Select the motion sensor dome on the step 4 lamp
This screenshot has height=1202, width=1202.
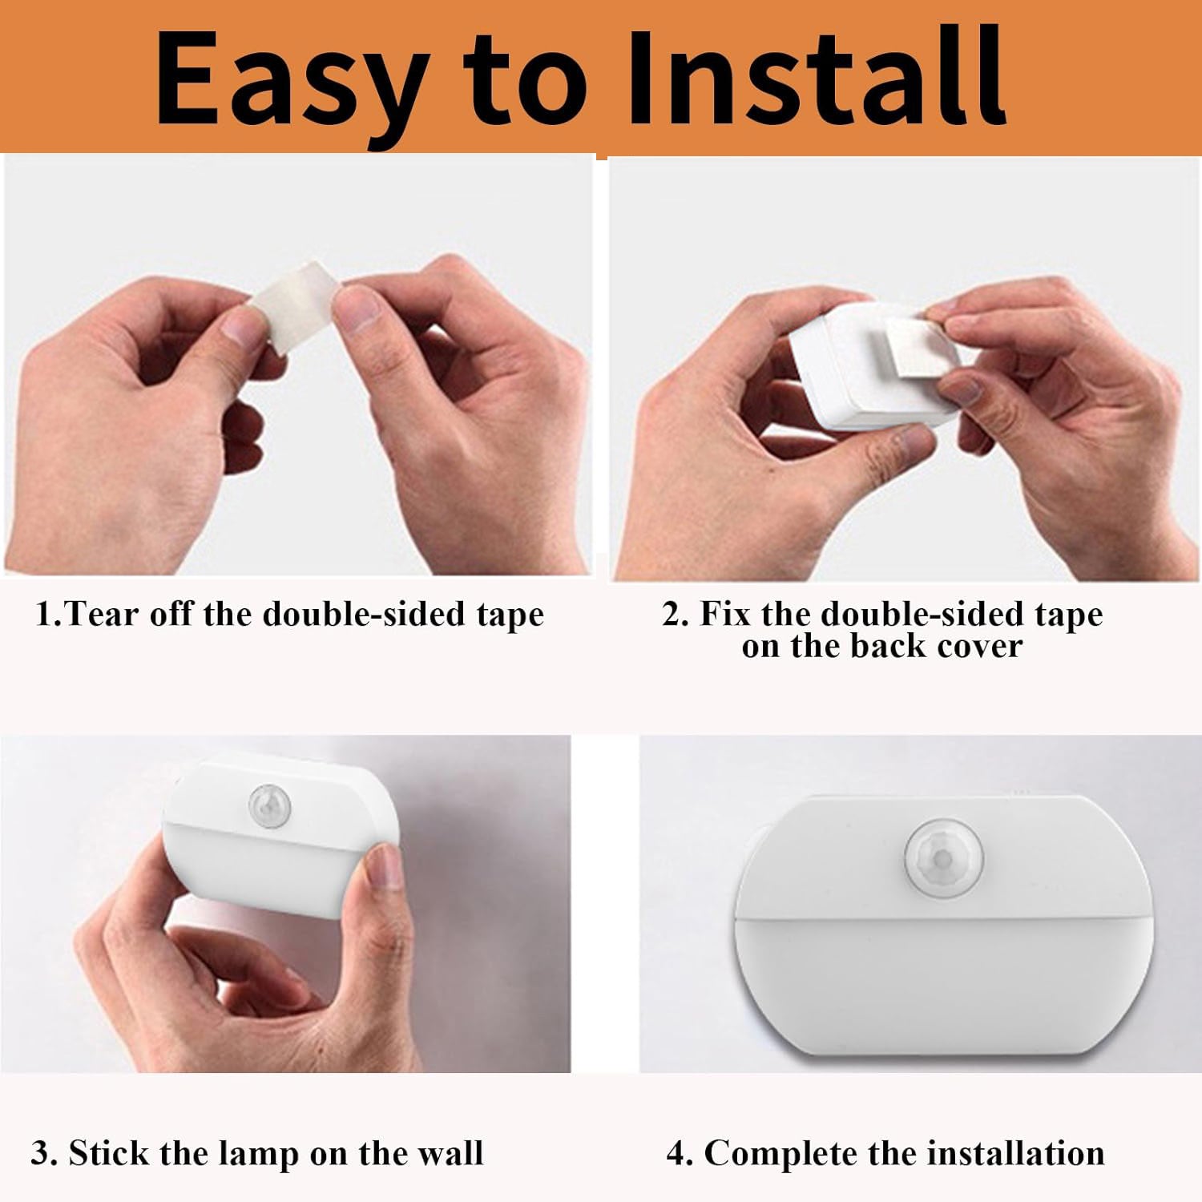coord(941,857)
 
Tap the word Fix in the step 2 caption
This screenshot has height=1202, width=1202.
coord(725,614)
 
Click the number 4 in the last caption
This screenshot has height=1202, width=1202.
coord(677,1154)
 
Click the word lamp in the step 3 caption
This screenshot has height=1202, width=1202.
coord(252,1155)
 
